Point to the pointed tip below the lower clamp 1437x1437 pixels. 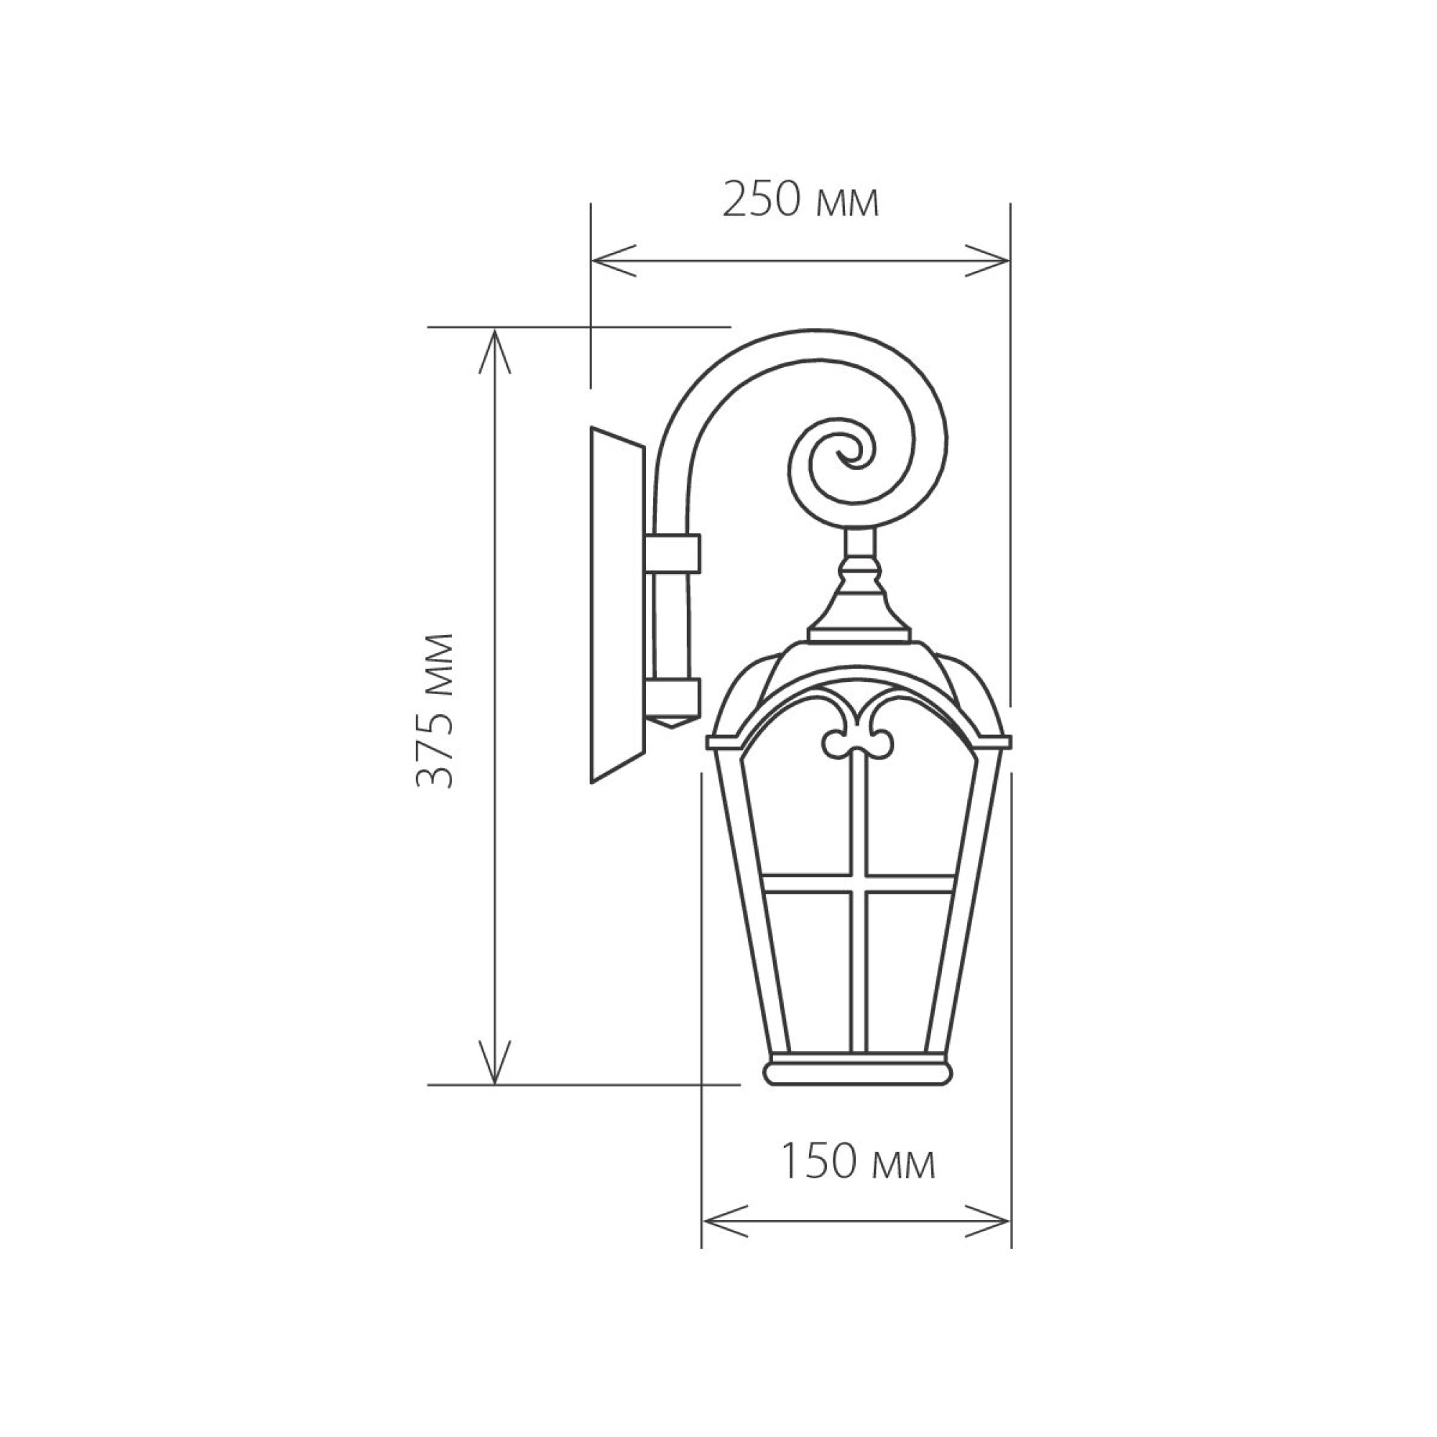pyautogui.click(x=674, y=723)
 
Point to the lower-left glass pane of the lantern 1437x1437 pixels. pyautogui.click(x=807, y=967)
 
